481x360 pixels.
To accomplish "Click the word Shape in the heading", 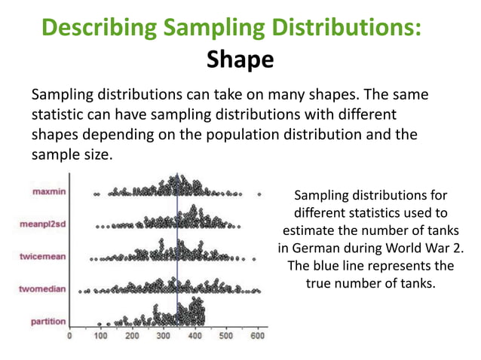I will [x=240, y=59].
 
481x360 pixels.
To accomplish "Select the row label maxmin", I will [x=47, y=192].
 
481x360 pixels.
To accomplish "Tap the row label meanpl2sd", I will [x=42, y=224].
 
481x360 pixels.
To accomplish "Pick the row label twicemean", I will [x=41, y=256].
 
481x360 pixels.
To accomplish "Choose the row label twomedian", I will [x=41, y=288].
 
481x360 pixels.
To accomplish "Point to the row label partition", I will [x=47, y=321].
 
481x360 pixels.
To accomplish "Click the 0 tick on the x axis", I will [x=70, y=336].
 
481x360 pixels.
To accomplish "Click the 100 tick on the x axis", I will [x=100, y=336].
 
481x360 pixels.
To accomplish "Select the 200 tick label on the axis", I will [x=132, y=336].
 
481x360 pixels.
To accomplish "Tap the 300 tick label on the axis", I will [x=163, y=336].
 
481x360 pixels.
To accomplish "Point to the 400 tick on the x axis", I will [x=194, y=336].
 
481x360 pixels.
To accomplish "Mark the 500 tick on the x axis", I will [x=225, y=336].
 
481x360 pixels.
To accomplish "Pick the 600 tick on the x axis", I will [x=256, y=336].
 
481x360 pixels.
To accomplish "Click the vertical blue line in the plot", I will [x=177, y=249].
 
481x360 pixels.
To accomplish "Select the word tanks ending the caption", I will [x=418, y=284].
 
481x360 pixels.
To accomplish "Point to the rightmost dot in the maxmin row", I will [x=260, y=194].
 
